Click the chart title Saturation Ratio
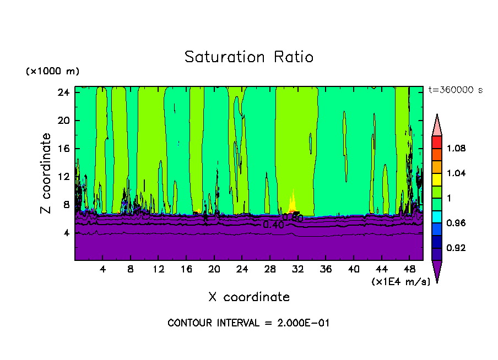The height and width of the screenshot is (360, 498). point(248,57)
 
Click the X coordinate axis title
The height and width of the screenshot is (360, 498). point(248,297)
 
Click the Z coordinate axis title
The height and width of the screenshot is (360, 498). point(46,173)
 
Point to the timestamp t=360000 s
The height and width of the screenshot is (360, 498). point(455,90)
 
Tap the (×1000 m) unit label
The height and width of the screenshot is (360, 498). point(52,72)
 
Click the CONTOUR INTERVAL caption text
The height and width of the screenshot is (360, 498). point(248,323)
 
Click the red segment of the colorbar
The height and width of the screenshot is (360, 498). point(436,141)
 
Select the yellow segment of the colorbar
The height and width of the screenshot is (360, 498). point(436,179)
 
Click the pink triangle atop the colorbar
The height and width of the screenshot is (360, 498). point(436,125)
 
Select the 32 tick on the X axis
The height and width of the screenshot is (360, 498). point(297,269)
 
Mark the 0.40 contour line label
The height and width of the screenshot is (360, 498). point(273,225)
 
